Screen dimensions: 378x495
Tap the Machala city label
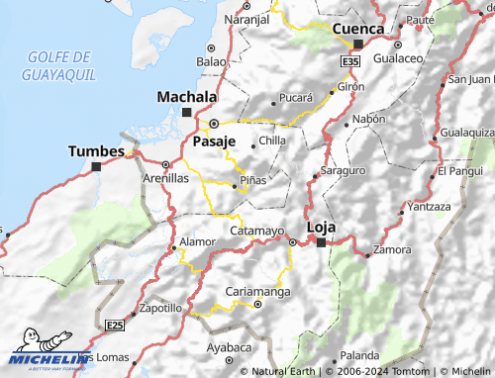coord(187,98)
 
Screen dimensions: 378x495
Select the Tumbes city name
coord(97,151)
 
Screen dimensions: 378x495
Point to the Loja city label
coord(323,227)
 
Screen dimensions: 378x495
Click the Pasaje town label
coord(214,142)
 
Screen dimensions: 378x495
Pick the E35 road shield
coord(348,61)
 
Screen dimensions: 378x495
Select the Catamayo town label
coord(256,231)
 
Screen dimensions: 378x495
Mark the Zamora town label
coord(389,249)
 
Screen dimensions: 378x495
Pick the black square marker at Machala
coord(186,112)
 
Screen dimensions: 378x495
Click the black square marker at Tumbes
coord(96,166)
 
